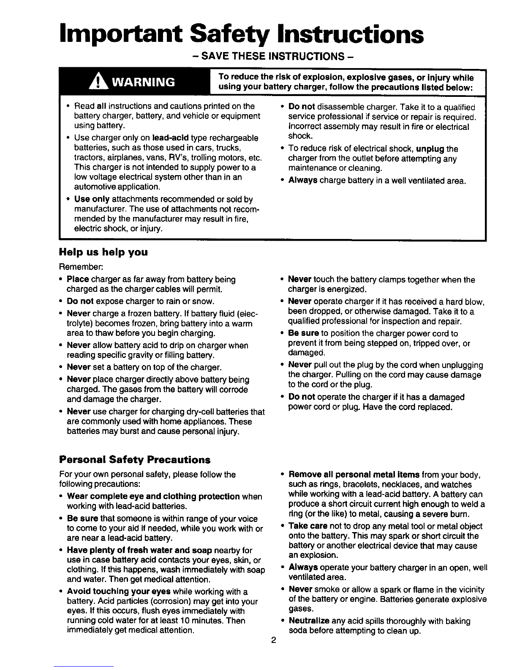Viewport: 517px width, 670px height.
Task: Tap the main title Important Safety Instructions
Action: [x=241, y=35]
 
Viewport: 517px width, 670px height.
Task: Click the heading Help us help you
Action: [x=103, y=253]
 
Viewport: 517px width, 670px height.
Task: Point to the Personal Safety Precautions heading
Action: [x=135, y=459]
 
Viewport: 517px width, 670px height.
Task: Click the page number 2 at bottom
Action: [x=273, y=640]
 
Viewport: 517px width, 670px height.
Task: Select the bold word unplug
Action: [x=430, y=149]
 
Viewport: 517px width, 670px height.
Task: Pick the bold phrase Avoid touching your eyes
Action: [x=119, y=591]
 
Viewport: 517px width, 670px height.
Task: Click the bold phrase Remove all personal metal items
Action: [x=354, y=475]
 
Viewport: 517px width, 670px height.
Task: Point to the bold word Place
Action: [x=78, y=280]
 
